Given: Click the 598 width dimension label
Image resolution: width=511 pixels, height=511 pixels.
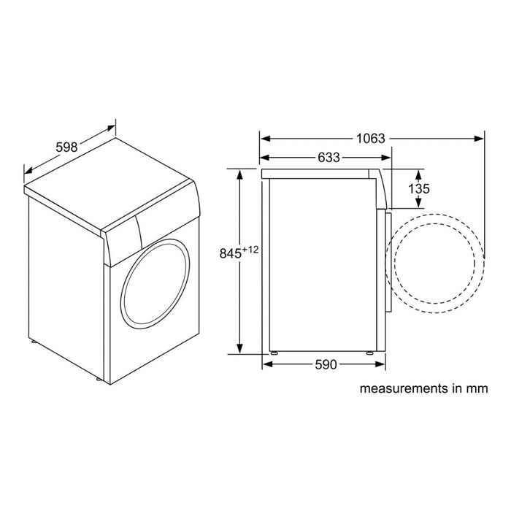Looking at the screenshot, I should pyautogui.click(x=66, y=147).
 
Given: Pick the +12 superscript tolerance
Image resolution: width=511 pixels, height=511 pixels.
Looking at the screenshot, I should pyautogui.click(x=252, y=250).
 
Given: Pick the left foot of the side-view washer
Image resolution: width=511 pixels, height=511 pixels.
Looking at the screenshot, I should pyautogui.click(x=275, y=354).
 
